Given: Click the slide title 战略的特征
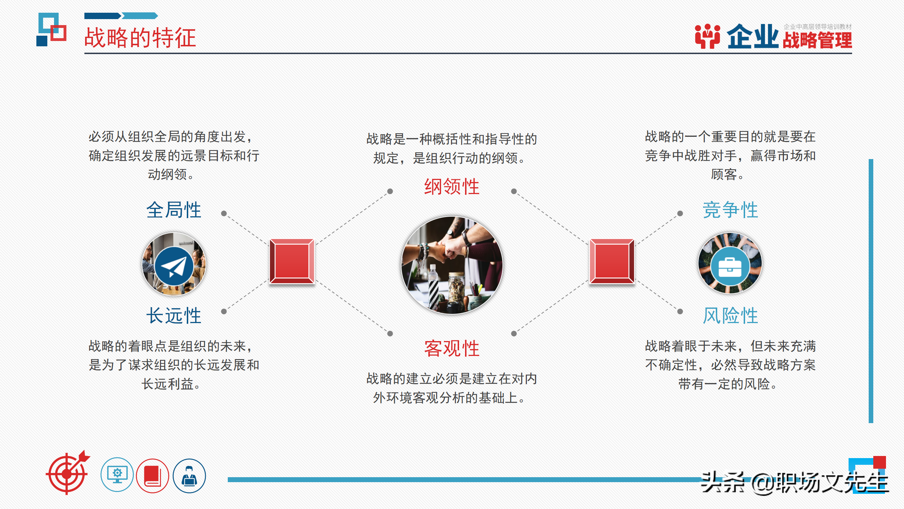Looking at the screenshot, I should pyautogui.click(x=140, y=37).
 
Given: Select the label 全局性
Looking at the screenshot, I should pyautogui.click(x=174, y=210).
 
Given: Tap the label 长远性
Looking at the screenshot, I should pyautogui.click(x=174, y=315).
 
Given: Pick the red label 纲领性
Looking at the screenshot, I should pyautogui.click(x=452, y=187).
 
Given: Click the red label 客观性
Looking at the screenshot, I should pyautogui.click(x=452, y=349).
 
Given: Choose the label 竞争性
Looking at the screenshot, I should pyautogui.click(x=730, y=210).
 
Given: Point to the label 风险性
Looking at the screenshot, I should pyautogui.click(x=730, y=315).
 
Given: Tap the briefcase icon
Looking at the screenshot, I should pyautogui.click(x=730, y=267).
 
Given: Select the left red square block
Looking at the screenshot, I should pyautogui.click(x=292, y=261).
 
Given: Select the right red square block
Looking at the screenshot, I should pyautogui.click(x=612, y=261).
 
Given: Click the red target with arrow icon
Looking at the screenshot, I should pyautogui.click(x=67, y=473).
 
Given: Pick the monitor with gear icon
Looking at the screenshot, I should pyautogui.click(x=117, y=475).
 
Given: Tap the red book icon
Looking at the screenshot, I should pyautogui.click(x=153, y=476).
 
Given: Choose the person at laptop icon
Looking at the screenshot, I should pyautogui.click(x=189, y=476).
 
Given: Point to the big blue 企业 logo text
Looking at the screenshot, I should pyautogui.click(x=752, y=37).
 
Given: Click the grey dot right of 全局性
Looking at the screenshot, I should pyautogui.click(x=224, y=213).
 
